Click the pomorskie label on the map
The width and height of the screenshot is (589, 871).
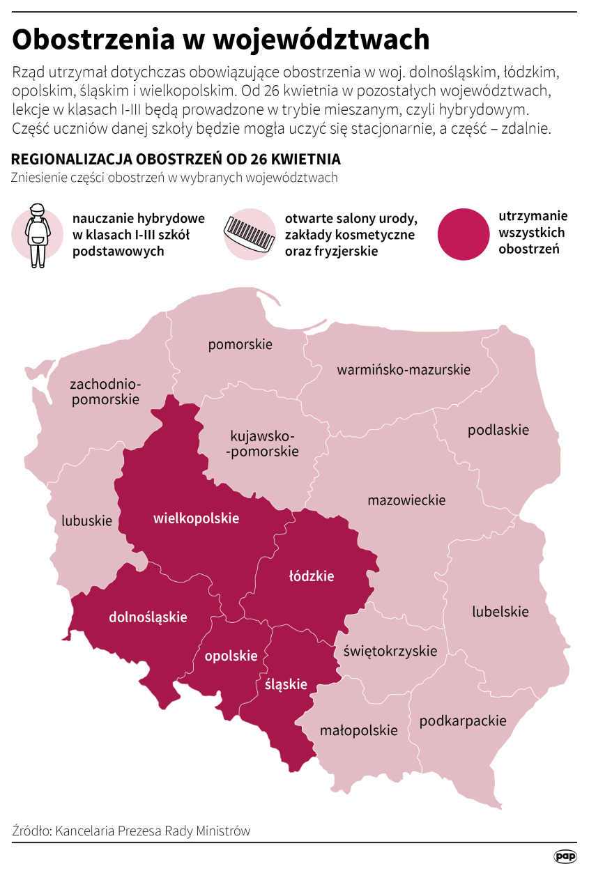pos(240,344)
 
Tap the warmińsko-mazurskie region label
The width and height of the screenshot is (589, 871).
pos(404,369)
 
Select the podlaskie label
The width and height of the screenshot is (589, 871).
pos(498,430)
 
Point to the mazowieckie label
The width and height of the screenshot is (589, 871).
pos(406,500)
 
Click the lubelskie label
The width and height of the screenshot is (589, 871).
pos(500,612)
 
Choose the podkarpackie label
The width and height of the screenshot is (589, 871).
pos(463,720)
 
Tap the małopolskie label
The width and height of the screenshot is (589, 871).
pos(358,730)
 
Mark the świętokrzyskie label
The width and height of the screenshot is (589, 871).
pos(390,651)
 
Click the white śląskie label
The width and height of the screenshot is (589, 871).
pos(286,684)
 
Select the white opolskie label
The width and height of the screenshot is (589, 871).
pos(231,656)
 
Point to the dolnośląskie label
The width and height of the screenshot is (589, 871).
pos(148,617)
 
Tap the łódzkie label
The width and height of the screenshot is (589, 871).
pos(312,576)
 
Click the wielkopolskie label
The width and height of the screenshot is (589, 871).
pos(196,518)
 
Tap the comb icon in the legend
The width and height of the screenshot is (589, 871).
pos(249,234)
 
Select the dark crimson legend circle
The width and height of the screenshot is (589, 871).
pos(464,235)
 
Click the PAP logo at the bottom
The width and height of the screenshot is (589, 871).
pos(565,856)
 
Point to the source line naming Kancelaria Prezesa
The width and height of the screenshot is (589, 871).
pos(131,831)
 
